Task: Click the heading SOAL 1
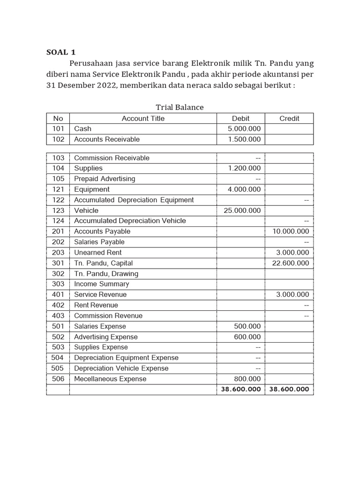click(x=61, y=52)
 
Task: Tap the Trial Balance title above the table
click(x=180, y=107)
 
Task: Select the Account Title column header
click(x=143, y=119)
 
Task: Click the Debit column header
click(x=240, y=119)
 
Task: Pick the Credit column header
click(x=289, y=119)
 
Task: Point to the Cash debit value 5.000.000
click(x=244, y=129)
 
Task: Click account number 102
click(x=58, y=139)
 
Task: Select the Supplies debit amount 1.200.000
click(x=244, y=168)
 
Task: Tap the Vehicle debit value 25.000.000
click(x=242, y=210)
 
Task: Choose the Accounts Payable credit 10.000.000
click(x=291, y=232)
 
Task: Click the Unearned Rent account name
click(x=98, y=253)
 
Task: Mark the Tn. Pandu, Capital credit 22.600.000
click(x=291, y=263)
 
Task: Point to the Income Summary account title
click(x=101, y=284)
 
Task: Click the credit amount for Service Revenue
click(x=292, y=295)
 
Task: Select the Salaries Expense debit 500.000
click(x=247, y=326)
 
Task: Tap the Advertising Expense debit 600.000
click(x=247, y=337)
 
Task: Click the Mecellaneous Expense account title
click(x=110, y=379)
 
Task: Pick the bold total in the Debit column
click(x=240, y=390)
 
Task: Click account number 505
click(x=58, y=368)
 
